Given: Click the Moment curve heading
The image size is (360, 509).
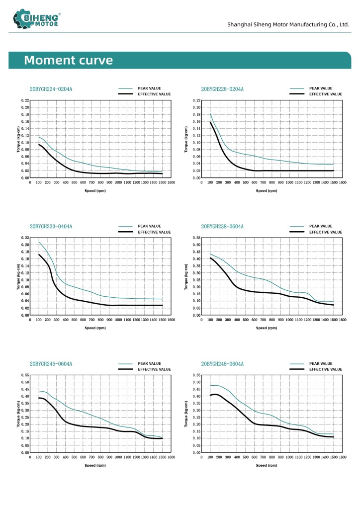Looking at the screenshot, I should click(68, 61).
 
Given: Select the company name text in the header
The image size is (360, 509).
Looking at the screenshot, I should click(288, 24).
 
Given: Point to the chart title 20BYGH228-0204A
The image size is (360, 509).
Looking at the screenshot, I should click(222, 89).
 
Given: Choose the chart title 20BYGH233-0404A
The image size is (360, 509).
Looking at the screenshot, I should click(51, 227).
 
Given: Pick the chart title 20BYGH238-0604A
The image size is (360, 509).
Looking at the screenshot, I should click(222, 227).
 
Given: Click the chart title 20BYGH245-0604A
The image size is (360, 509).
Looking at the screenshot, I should click(51, 364).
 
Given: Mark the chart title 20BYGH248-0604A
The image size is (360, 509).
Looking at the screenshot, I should click(222, 364).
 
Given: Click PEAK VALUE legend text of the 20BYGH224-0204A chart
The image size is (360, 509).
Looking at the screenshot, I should click(149, 88).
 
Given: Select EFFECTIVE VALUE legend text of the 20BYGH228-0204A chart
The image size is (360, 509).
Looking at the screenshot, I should click(326, 94).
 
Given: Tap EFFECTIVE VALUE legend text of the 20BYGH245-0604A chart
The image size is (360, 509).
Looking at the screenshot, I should click(154, 369).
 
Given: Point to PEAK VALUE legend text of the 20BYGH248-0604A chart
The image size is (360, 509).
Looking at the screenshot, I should click(321, 364).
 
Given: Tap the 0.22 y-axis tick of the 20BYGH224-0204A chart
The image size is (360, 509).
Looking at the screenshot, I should click(26, 100).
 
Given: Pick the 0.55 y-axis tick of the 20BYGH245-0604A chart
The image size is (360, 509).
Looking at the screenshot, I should click(26, 375).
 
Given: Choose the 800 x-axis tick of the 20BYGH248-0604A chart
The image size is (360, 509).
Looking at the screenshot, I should click(272, 457).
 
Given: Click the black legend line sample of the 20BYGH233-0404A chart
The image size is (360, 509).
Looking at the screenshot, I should click(125, 232).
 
